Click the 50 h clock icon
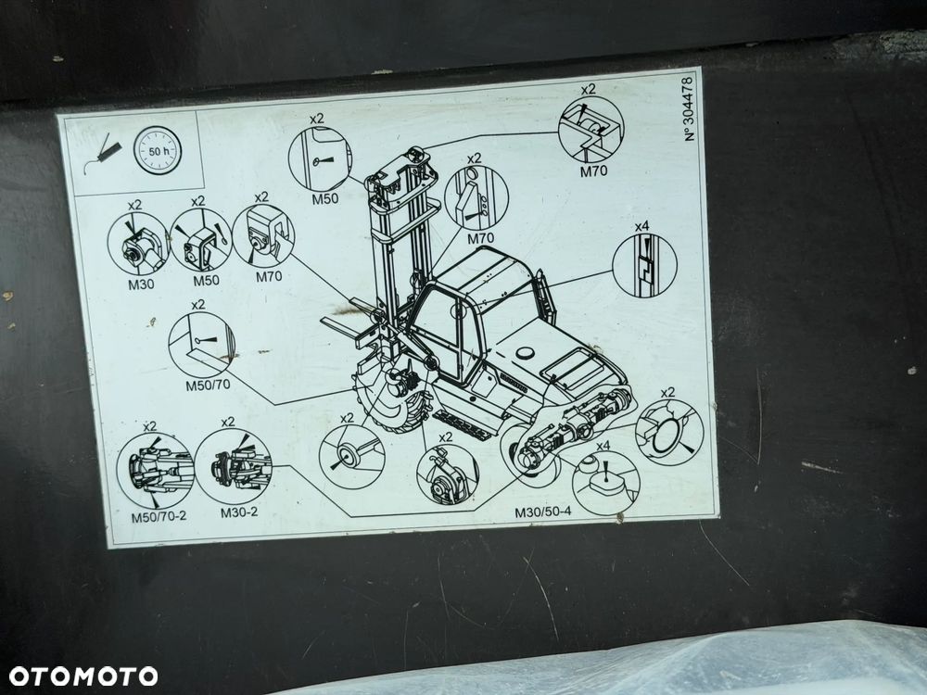(158, 151)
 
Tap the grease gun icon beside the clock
(103, 154)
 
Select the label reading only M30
(141, 284)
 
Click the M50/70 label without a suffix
(208, 385)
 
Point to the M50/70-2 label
(159, 516)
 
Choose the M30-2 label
(239, 512)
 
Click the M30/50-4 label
(542, 512)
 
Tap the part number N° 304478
(690, 108)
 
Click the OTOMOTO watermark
(83, 676)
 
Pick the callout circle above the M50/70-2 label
(156, 471)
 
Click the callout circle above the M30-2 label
(233, 466)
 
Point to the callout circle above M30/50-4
(606, 483)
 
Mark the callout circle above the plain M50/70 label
(201, 345)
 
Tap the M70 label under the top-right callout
(593, 172)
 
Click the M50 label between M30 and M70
(207, 280)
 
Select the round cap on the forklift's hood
(525, 353)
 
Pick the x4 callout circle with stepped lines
(644, 265)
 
